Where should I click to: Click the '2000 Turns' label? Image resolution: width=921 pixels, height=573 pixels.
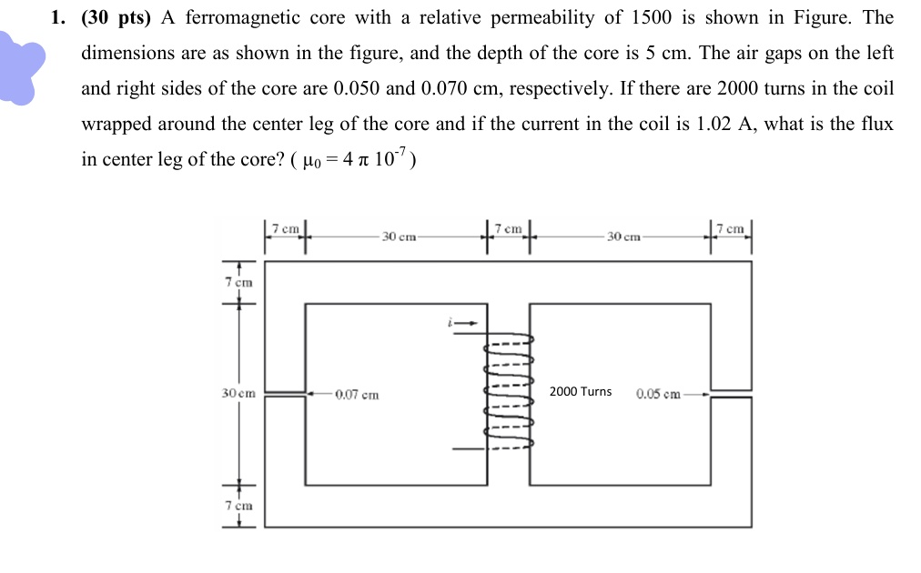click(581, 392)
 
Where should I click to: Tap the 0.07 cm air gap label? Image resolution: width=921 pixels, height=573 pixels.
click(357, 395)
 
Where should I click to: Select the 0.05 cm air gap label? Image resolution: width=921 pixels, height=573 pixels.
click(658, 394)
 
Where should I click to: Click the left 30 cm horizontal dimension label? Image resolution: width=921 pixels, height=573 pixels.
click(399, 236)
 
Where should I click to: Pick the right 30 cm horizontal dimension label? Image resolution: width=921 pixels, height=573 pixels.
click(623, 236)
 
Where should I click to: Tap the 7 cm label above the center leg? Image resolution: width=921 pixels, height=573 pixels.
click(508, 228)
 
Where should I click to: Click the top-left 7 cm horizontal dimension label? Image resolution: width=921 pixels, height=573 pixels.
click(286, 228)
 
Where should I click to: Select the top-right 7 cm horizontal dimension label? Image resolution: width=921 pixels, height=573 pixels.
click(730, 228)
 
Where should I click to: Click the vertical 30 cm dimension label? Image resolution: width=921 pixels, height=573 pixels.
click(238, 393)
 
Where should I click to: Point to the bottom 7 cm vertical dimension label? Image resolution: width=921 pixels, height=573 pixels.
click(238, 506)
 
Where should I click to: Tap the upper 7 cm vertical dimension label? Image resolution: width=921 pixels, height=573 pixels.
click(238, 282)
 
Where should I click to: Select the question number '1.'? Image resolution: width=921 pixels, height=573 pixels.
click(58, 18)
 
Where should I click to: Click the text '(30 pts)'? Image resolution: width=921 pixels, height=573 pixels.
click(116, 18)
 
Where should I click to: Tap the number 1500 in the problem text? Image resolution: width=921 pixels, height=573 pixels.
click(652, 17)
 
